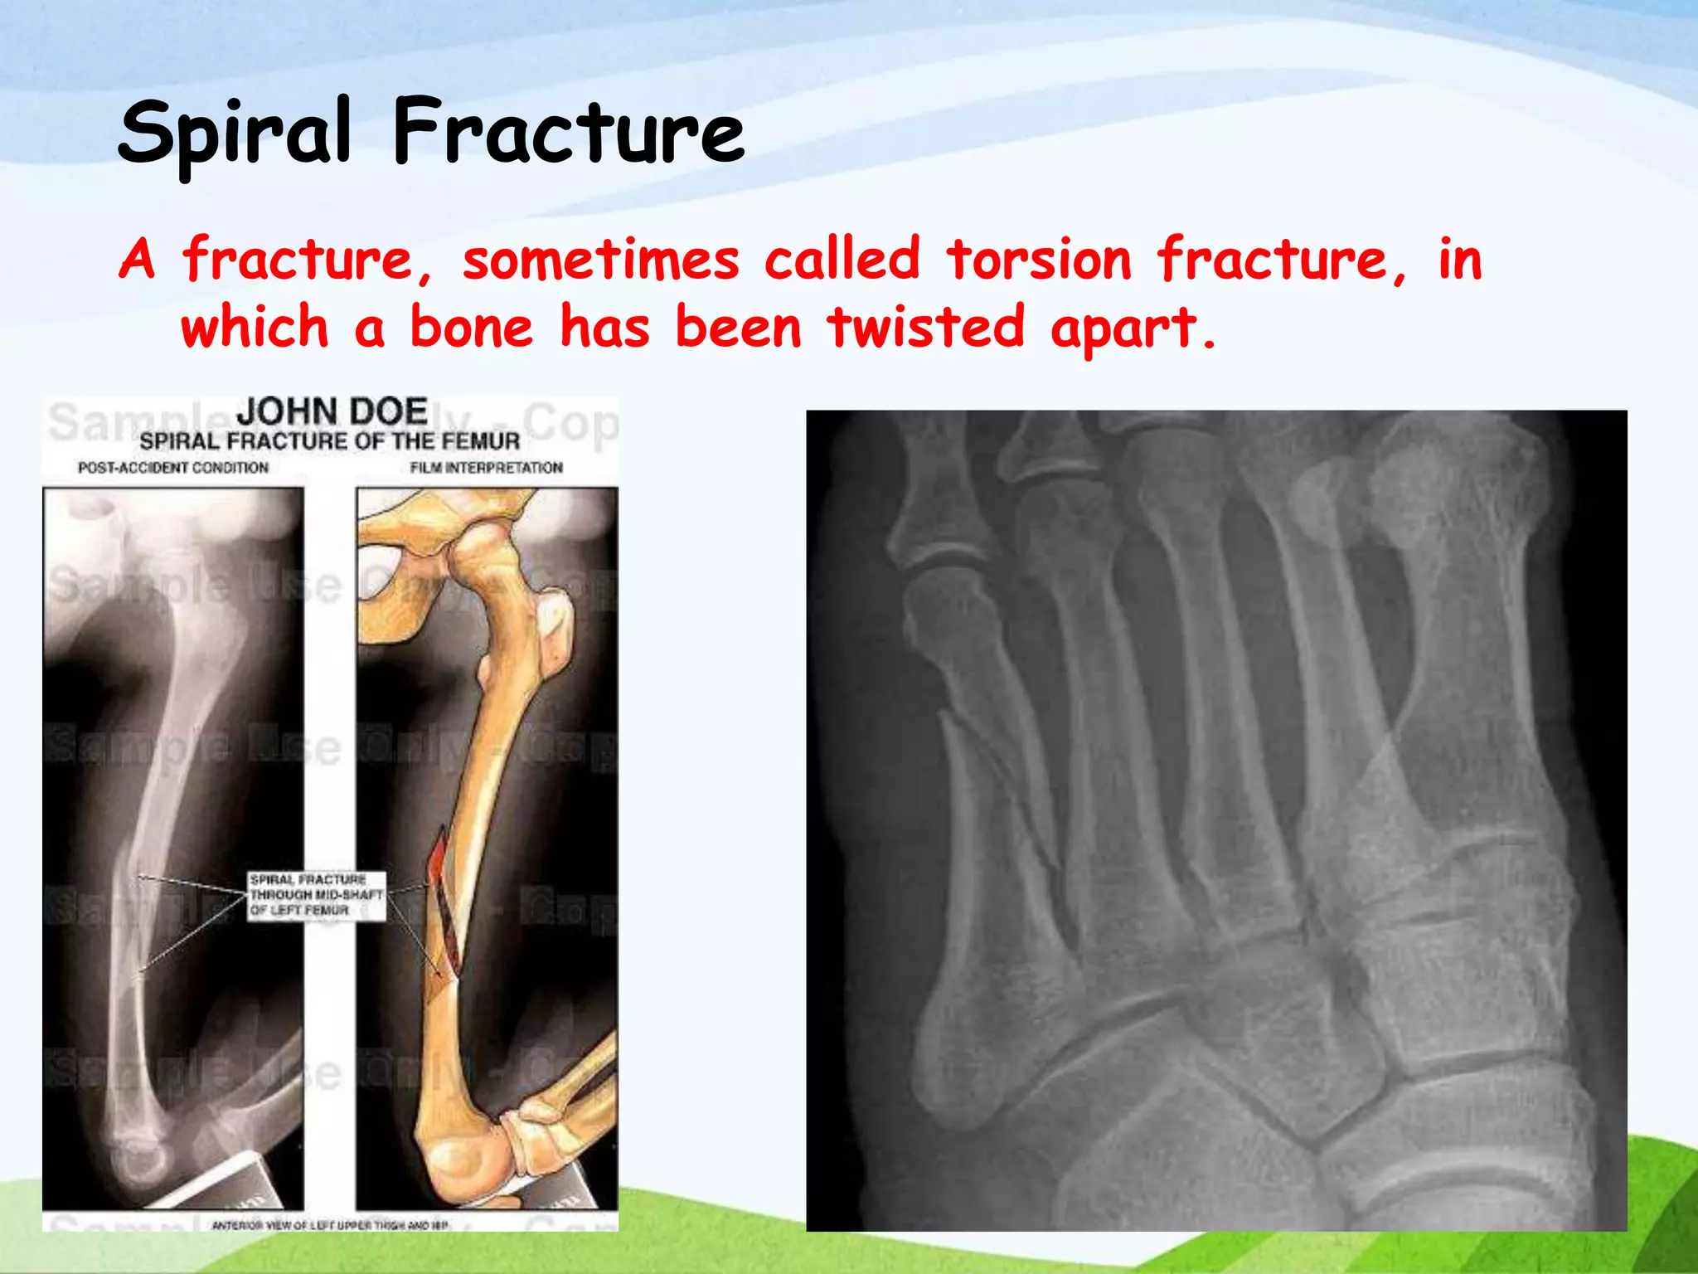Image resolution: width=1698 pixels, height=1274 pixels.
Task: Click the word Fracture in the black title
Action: [x=569, y=133]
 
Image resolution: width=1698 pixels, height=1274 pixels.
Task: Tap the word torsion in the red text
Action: [x=1039, y=259]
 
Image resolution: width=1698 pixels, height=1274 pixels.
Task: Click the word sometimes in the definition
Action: [x=600, y=260]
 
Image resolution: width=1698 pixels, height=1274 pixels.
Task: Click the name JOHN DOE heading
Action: [x=332, y=411]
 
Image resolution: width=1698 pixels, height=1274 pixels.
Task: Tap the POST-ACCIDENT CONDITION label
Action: [x=173, y=468]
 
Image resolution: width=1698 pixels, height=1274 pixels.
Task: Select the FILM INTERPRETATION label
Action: [x=486, y=468]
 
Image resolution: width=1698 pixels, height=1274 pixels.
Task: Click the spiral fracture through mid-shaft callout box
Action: [x=317, y=895]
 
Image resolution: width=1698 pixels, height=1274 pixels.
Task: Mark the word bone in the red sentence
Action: [x=471, y=327]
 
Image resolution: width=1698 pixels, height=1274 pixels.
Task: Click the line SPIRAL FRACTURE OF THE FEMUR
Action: [x=329, y=441]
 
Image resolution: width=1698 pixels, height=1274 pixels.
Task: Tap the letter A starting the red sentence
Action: [x=137, y=260]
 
